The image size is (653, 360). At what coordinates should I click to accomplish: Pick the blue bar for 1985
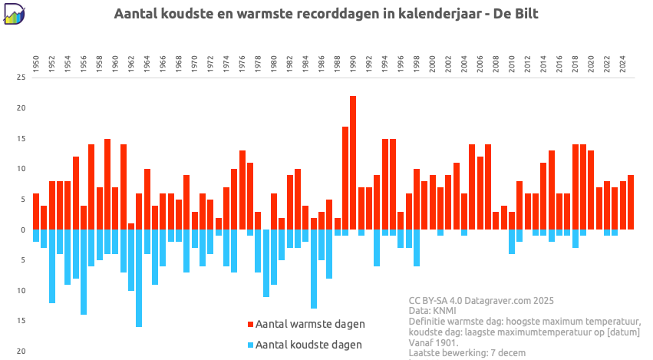pyautogui.click(x=313, y=269)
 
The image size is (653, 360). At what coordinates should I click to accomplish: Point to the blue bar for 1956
pyautogui.click(x=84, y=272)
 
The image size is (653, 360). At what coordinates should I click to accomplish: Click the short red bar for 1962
pyautogui.click(x=131, y=226)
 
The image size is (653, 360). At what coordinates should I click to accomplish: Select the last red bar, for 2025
pyautogui.click(x=631, y=203)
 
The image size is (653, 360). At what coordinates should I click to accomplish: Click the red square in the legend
pyautogui.click(x=250, y=324)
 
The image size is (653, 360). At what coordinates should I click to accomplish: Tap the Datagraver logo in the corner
pyautogui.click(x=15, y=14)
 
